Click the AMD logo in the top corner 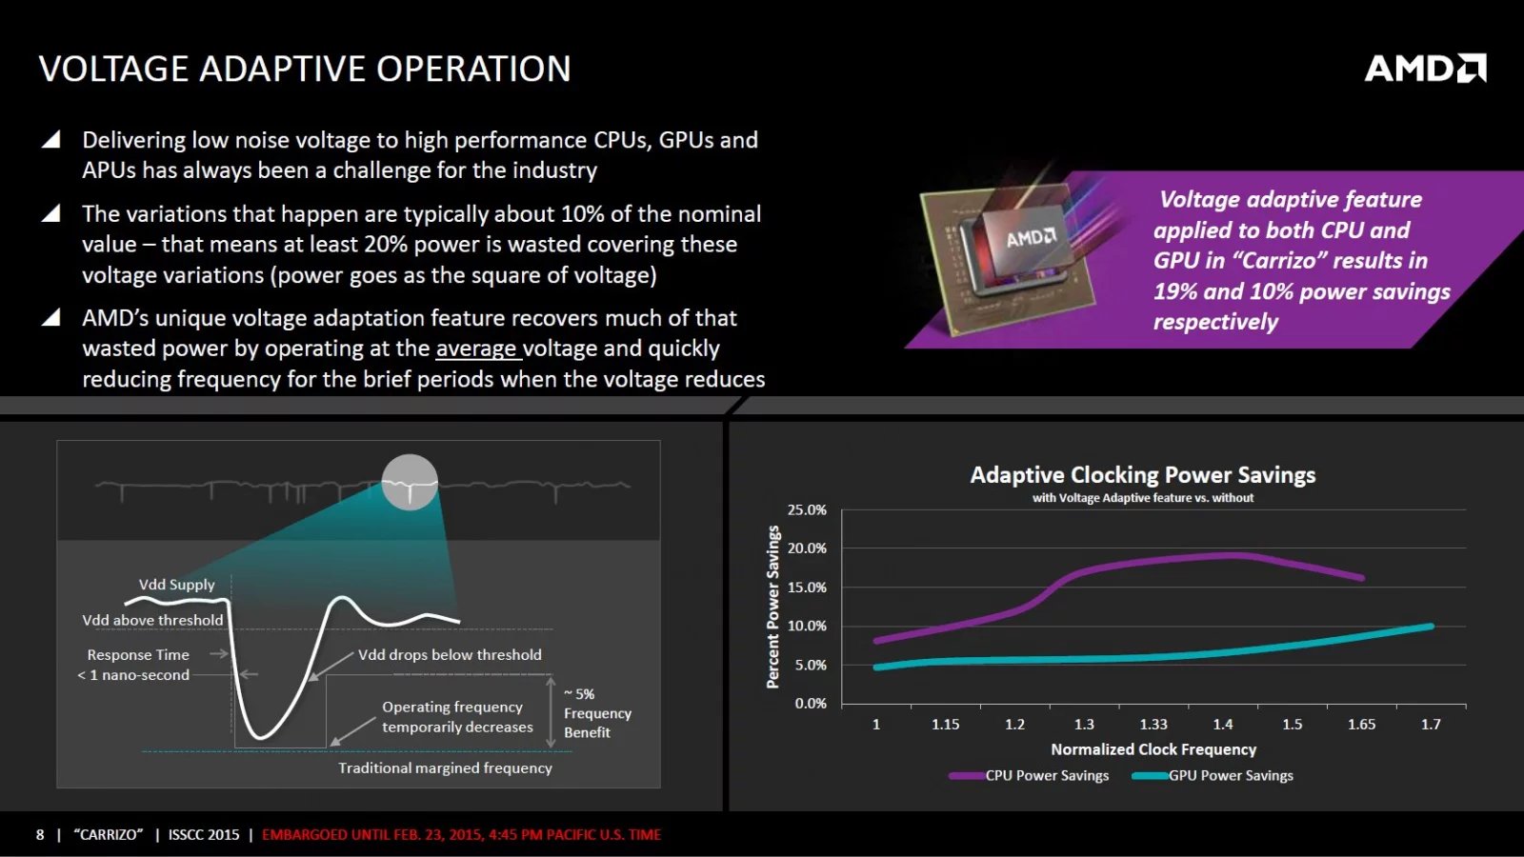tap(1425, 68)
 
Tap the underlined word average tap(476, 349)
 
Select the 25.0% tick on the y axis tap(807, 510)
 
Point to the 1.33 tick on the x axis tap(1153, 725)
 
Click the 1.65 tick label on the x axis tap(1361, 725)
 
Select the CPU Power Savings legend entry tap(1031, 776)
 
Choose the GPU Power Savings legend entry tap(1214, 776)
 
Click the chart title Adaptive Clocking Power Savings tap(1142, 475)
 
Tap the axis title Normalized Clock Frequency tap(1153, 750)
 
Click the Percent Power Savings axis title tap(773, 608)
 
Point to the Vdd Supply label tap(176, 585)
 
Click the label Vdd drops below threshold tap(450, 655)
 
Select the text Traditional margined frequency tap(445, 768)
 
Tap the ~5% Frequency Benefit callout tap(596, 713)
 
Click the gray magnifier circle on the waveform tap(410, 482)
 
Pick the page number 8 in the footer tap(40, 835)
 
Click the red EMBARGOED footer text tap(461, 835)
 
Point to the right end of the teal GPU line tap(1430, 627)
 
